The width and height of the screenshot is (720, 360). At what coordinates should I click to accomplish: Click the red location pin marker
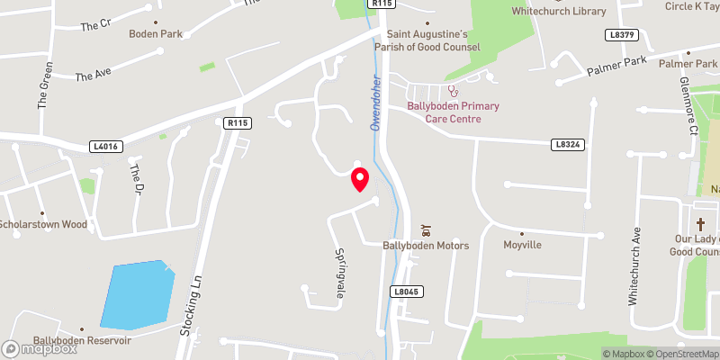pyautogui.click(x=360, y=179)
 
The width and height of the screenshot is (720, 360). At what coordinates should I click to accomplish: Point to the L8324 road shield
pyautogui.click(x=566, y=143)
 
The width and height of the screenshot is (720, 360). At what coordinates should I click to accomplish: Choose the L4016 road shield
pyautogui.click(x=105, y=145)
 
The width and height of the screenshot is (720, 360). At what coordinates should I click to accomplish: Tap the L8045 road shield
pyautogui.click(x=407, y=292)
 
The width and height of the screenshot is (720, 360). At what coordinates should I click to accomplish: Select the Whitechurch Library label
pyautogui.click(x=558, y=11)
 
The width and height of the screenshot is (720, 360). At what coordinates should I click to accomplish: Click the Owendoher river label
pyautogui.click(x=377, y=100)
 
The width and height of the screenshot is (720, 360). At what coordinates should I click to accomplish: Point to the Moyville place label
pyautogui.click(x=522, y=245)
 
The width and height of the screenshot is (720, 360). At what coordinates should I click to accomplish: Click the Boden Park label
pyautogui.click(x=156, y=33)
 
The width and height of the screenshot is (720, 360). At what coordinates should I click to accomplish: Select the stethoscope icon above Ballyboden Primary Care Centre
pyautogui.click(x=454, y=90)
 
